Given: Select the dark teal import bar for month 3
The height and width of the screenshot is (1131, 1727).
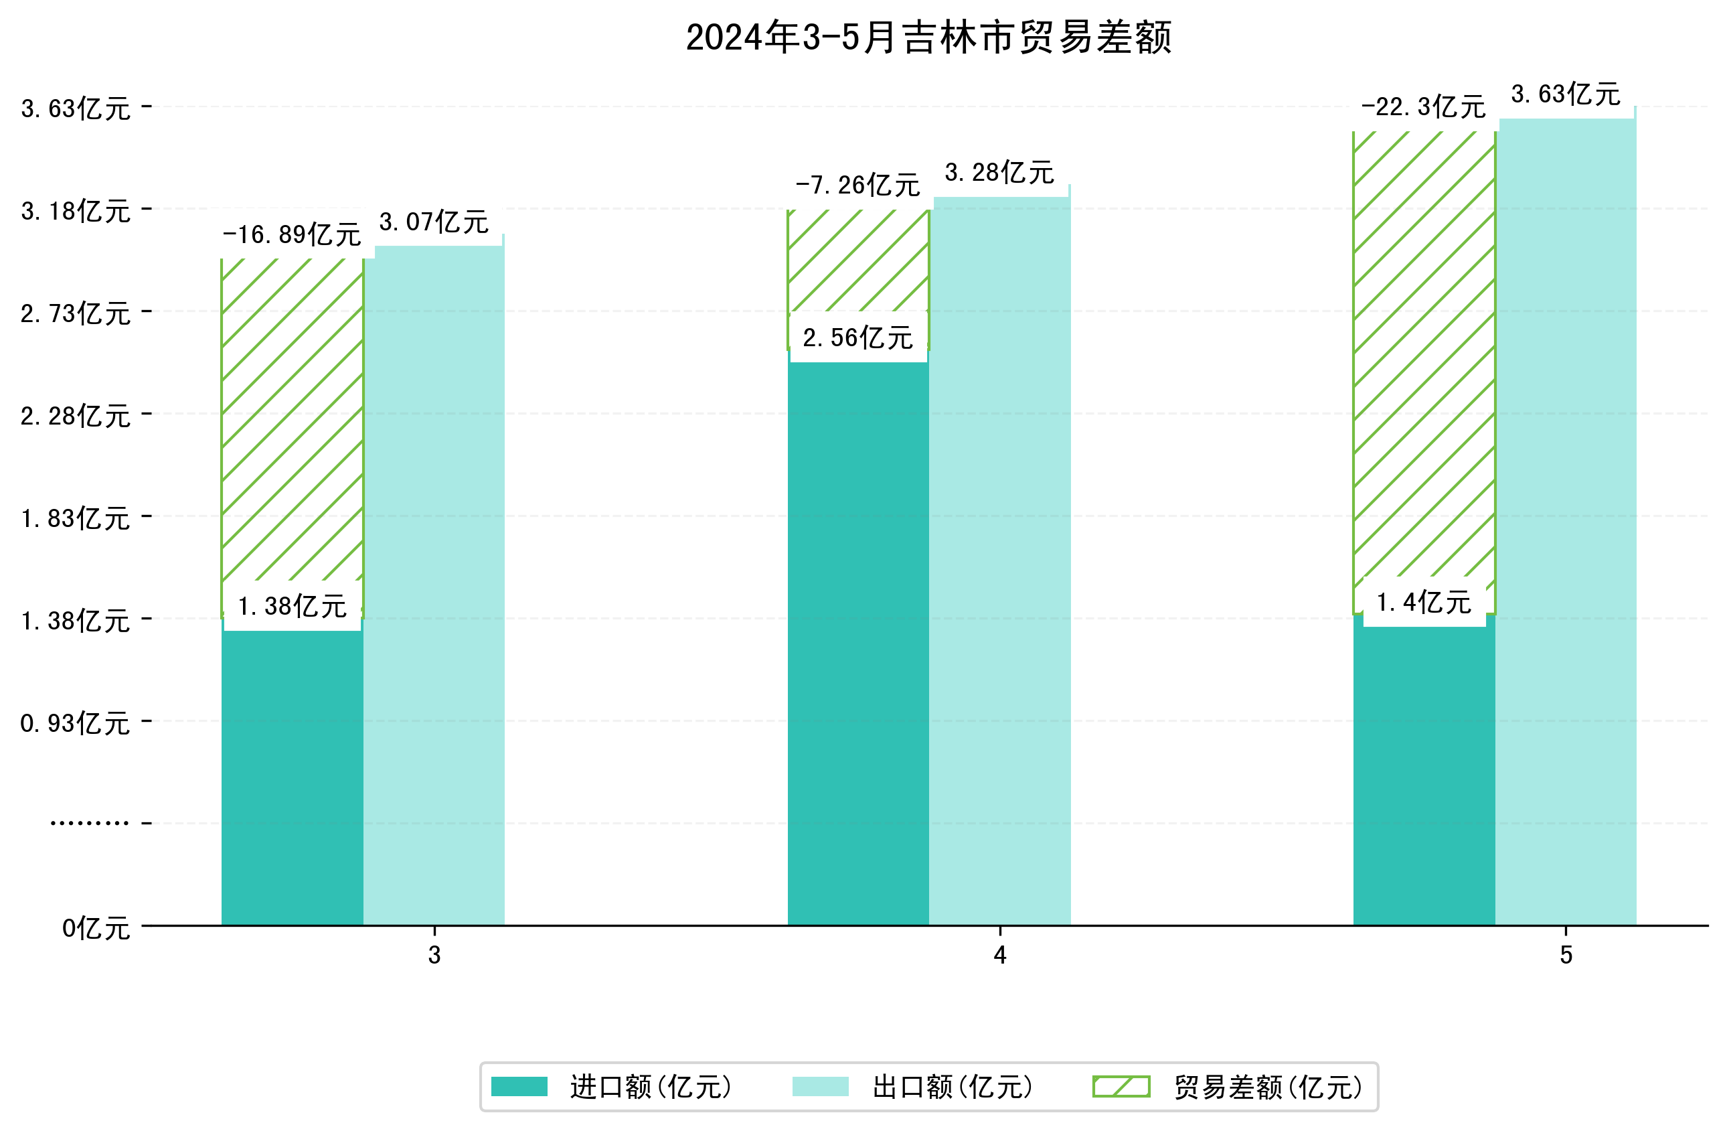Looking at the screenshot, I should click(292, 777).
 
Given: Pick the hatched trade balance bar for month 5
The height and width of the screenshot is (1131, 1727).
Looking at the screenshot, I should click(1424, 363).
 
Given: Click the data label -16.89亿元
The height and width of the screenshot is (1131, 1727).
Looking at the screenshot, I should click(292, 234).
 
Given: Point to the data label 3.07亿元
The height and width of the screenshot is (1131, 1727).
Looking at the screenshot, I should click(434, 222).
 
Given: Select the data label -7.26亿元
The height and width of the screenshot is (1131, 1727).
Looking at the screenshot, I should click(857, 185).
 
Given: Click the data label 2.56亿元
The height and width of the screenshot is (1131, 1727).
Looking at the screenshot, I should click(857, 337).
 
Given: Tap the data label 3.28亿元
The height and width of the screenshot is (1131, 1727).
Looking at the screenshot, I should click(999, 173).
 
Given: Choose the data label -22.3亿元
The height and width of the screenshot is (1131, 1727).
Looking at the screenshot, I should click(1423, 107).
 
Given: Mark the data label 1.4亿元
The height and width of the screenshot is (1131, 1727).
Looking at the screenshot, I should click(1424, 603).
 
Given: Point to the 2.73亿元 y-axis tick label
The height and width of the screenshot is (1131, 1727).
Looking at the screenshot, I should click(76, 313).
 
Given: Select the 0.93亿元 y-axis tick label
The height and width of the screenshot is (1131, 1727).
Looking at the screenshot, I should click(76, 724).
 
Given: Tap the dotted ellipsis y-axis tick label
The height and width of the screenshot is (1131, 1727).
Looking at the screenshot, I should click(89, 823).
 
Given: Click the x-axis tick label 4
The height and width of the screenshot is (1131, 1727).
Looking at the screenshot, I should click(1000, 956).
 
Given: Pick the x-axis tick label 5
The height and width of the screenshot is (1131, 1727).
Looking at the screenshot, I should click(1566, 956).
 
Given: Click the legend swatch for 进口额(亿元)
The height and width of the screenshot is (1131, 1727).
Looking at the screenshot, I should click(519, 1087).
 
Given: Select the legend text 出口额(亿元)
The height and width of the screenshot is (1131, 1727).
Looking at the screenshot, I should click(952, 1087).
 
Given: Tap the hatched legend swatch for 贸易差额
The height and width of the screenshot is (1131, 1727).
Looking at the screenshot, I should click(1121, 1087).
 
